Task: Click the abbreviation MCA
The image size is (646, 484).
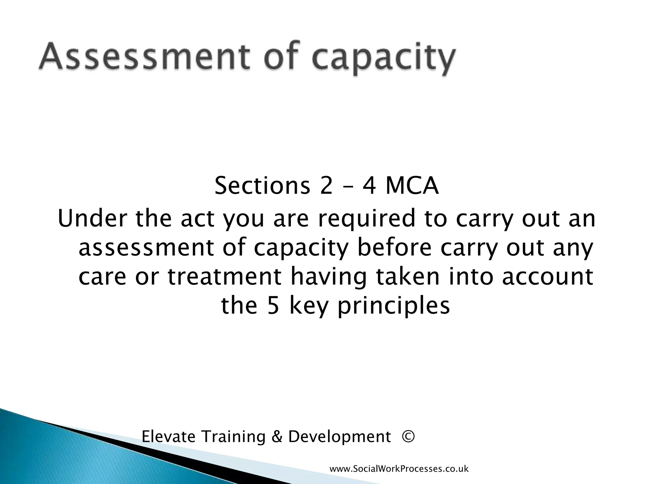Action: tap(412, 186)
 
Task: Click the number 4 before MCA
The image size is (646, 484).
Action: tap(369, 186)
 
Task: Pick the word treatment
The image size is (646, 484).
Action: tap(224, 276)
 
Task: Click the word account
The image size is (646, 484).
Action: tap(547, 276)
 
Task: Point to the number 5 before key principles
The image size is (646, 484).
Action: tap(273, 306)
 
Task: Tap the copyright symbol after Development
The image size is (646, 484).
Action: tap(408, 437)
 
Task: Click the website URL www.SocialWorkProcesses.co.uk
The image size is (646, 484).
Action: tap(399, 469)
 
